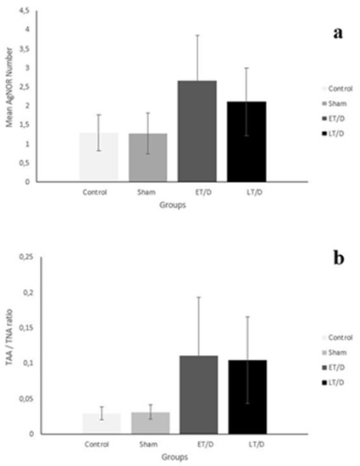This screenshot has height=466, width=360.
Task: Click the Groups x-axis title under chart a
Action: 172,204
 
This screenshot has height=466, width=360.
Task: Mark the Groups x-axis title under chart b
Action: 172,456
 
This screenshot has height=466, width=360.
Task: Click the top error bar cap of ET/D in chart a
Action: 197,35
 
